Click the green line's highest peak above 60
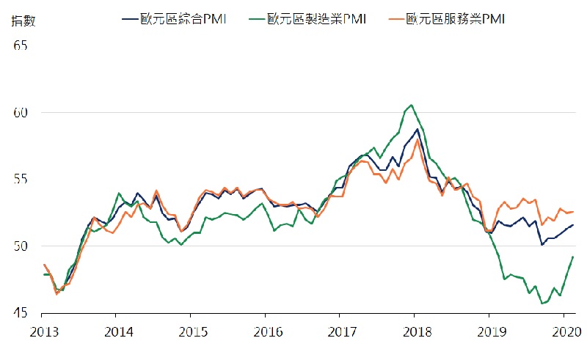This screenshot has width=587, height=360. pyautogui.click(x=411, y=105)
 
